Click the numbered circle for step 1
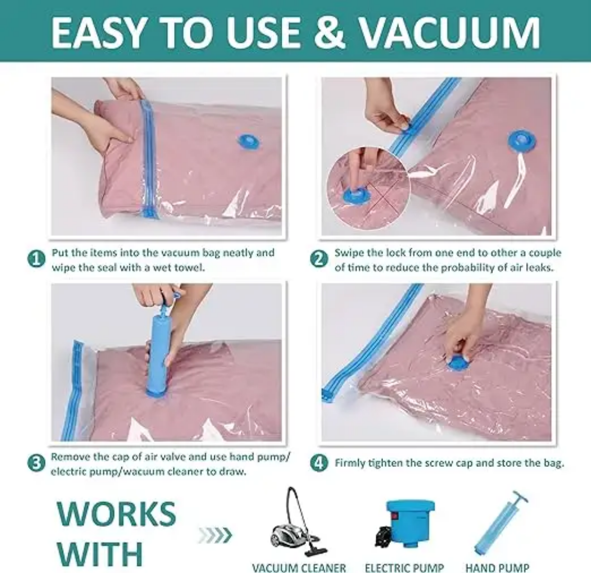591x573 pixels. pos(36,259)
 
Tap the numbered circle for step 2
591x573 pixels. pos(319,259)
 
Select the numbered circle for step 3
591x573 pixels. pos(36,463)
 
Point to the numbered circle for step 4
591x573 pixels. pos(319,463)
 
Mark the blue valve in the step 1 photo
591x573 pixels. pos(248,141)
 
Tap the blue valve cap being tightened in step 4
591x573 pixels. pos(457,364)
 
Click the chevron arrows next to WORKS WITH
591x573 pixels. pos(215,535)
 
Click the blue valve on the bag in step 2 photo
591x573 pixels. pos(522,141)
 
